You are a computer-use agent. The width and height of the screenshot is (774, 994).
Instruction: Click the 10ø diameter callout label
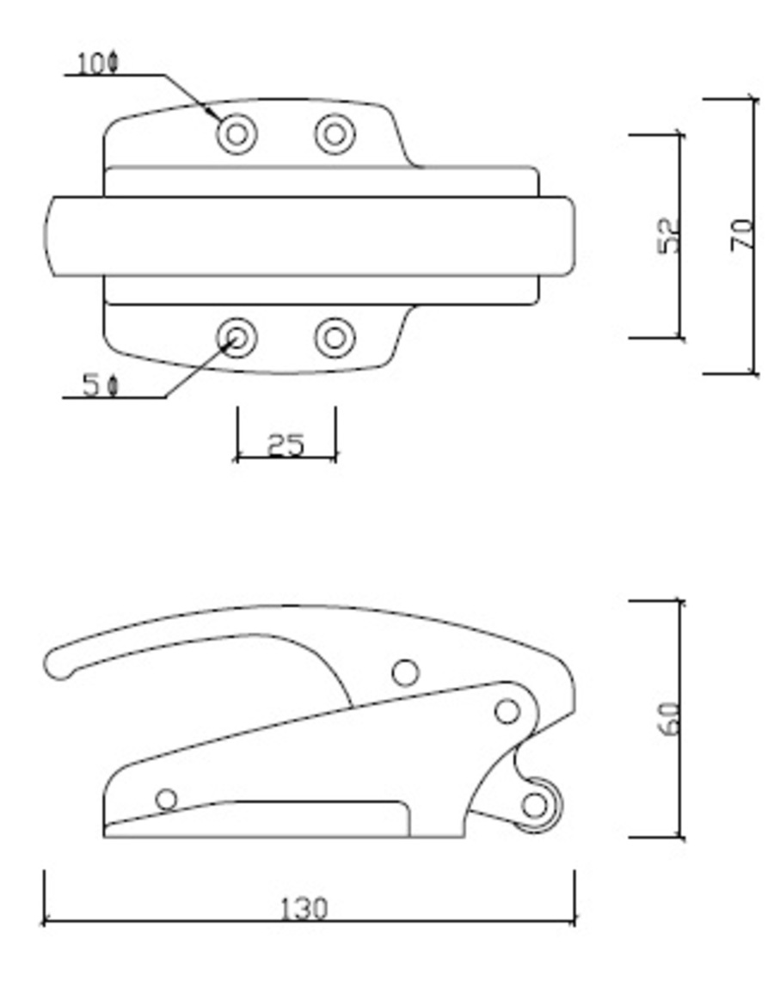pos(97,63)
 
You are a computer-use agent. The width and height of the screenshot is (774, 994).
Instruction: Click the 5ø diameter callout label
pos(100,384)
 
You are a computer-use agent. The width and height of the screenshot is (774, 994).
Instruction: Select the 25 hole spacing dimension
pos(286,445)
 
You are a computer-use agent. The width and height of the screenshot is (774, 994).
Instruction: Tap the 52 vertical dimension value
pos(668,235)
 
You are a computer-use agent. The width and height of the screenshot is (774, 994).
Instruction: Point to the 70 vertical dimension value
pos(742,235)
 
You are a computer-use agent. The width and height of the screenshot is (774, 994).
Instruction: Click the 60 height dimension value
pos(668,719)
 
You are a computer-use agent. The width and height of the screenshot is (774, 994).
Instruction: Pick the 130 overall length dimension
pos(304,908)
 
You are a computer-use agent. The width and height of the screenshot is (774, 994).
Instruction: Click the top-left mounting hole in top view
pos(236,134)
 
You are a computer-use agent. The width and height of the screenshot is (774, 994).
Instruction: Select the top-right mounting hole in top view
pos(335,134)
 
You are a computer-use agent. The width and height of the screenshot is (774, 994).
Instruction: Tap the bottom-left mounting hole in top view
pos(236,338)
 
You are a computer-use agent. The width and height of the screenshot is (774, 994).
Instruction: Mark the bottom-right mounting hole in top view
pos(335,338)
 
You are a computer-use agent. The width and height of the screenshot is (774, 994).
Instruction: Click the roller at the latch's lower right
pos(536,806)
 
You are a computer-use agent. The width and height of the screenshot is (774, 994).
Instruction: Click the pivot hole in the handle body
pos(405,672)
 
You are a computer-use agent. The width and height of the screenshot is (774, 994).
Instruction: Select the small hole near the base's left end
pos(166,800)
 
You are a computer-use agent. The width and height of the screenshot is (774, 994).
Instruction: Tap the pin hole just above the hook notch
pos(507,711)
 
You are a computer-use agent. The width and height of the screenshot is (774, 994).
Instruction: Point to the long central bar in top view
pos(310,236)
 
